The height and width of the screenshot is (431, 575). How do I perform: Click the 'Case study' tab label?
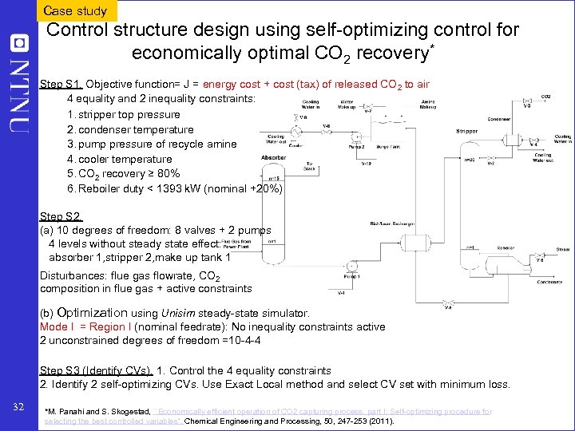75,10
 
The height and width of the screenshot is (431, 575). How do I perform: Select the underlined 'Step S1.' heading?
61,85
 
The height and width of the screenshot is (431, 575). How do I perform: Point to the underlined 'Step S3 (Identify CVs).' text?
96,370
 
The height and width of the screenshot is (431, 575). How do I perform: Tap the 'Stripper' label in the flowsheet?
467,130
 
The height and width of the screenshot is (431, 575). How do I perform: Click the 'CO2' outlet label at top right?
545,97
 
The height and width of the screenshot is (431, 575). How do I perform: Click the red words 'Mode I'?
54,326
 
